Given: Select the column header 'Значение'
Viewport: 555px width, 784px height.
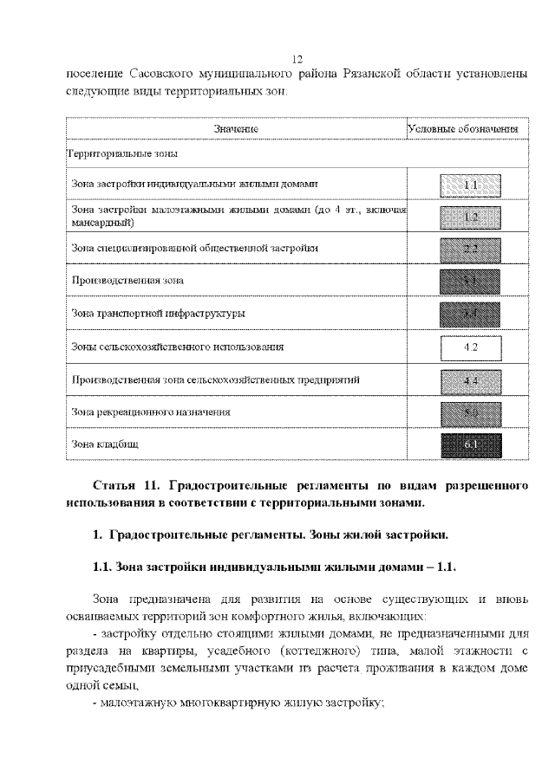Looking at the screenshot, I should (237, 129).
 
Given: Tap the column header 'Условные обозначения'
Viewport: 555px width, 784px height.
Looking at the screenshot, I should (463, 129).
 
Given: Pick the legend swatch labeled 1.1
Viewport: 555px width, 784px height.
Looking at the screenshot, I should (471, 185).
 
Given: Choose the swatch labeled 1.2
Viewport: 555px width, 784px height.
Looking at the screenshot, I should (471, 217).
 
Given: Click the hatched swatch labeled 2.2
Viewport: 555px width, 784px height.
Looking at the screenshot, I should (471, 249).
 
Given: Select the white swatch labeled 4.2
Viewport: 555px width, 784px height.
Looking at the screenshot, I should (471, 347).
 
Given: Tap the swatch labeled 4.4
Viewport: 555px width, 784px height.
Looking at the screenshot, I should (471, 379).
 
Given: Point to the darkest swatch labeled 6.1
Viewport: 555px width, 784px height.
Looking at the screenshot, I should (471, 444).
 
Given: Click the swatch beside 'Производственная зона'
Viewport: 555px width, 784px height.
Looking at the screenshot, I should (471, 281).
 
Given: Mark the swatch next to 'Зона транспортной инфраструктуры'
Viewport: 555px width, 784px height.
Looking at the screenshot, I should (471, 314).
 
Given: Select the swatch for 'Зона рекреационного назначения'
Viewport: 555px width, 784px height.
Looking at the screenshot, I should (471, 412).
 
